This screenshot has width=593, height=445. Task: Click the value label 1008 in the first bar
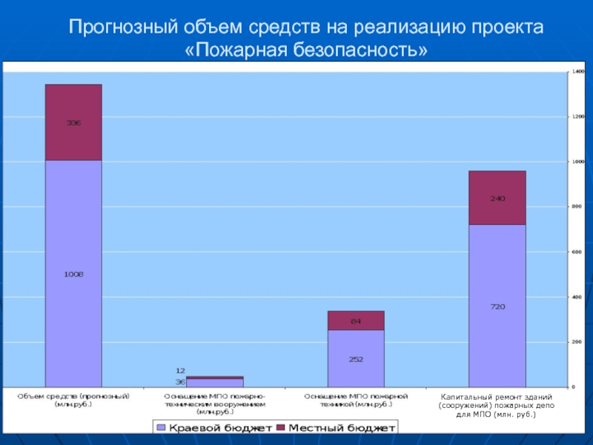(x=73, y=274)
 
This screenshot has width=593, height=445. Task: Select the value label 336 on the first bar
(x=73, y=122)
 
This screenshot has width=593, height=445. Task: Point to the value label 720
(x=497, y=306)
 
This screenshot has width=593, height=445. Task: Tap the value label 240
(x=497, y=198)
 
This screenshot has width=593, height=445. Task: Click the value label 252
(x=356, y=359)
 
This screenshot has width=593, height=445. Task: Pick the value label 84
(x=356, y=320)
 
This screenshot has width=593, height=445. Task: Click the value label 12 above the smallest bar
(x=180, y=370)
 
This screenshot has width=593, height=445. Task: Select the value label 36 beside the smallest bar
(x=180, y=382)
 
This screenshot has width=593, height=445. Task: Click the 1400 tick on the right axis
(x=578, y=72)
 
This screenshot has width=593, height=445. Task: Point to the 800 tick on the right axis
(x=578, y=207)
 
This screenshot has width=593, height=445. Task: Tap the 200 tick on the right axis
(x=578, y=342)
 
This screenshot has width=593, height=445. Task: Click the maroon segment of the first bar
(x=73, y=141)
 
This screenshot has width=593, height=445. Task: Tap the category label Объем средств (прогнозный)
(x=73, y=400)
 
